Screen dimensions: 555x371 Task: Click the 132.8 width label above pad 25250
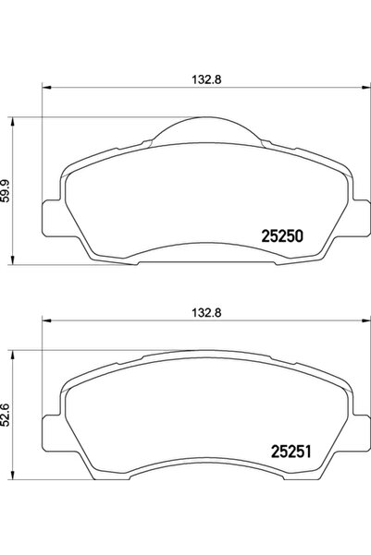(201, 78)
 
